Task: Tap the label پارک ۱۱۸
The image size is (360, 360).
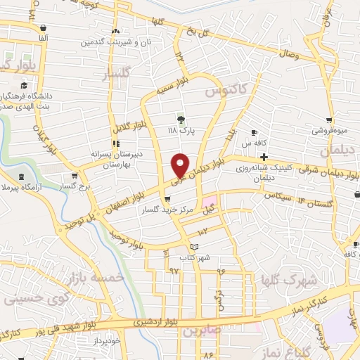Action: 181,130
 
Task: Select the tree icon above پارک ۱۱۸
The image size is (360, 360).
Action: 181,120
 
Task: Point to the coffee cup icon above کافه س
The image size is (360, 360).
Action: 255,132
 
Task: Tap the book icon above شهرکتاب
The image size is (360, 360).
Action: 195,247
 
